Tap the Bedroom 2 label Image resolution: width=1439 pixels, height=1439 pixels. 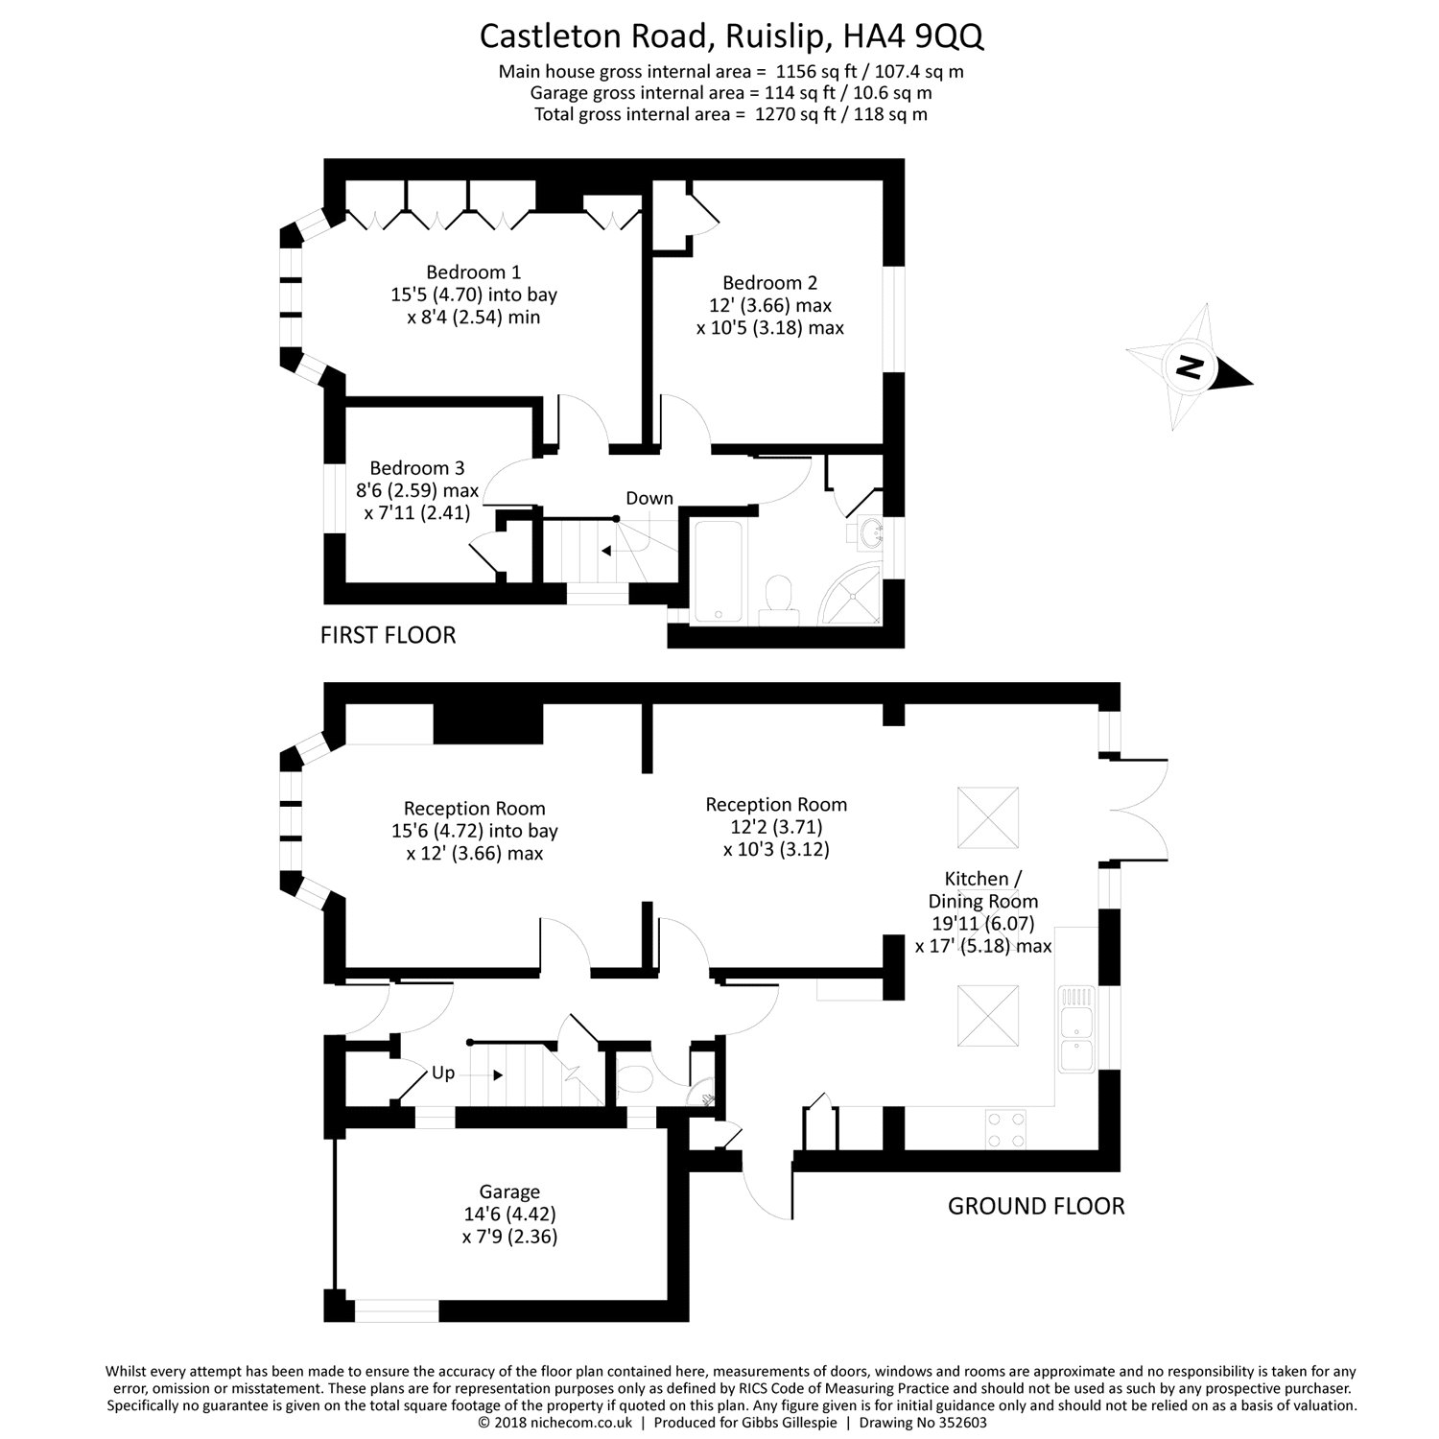click(769, 283)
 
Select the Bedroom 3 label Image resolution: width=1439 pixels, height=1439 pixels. click(416, 468)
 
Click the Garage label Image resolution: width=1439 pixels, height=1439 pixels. click(508, 1192)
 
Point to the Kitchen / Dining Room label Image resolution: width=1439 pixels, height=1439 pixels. click(982, 889)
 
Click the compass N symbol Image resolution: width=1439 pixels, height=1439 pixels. click(1190, 367)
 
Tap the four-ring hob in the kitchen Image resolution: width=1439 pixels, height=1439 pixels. click(1003, 1128)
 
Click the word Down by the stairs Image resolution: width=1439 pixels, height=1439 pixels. click(649, 499)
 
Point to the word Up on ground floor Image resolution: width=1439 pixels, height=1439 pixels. click(442, 1073)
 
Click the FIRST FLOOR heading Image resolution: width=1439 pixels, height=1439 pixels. click(388, 634)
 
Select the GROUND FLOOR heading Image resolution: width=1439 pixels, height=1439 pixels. click(1036, 1206)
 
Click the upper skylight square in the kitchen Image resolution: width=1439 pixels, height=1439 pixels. click(987, 817)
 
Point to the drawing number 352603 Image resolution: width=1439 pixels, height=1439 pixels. click(955, 1423)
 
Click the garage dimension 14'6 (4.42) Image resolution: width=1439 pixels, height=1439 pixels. click(508, 1215)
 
